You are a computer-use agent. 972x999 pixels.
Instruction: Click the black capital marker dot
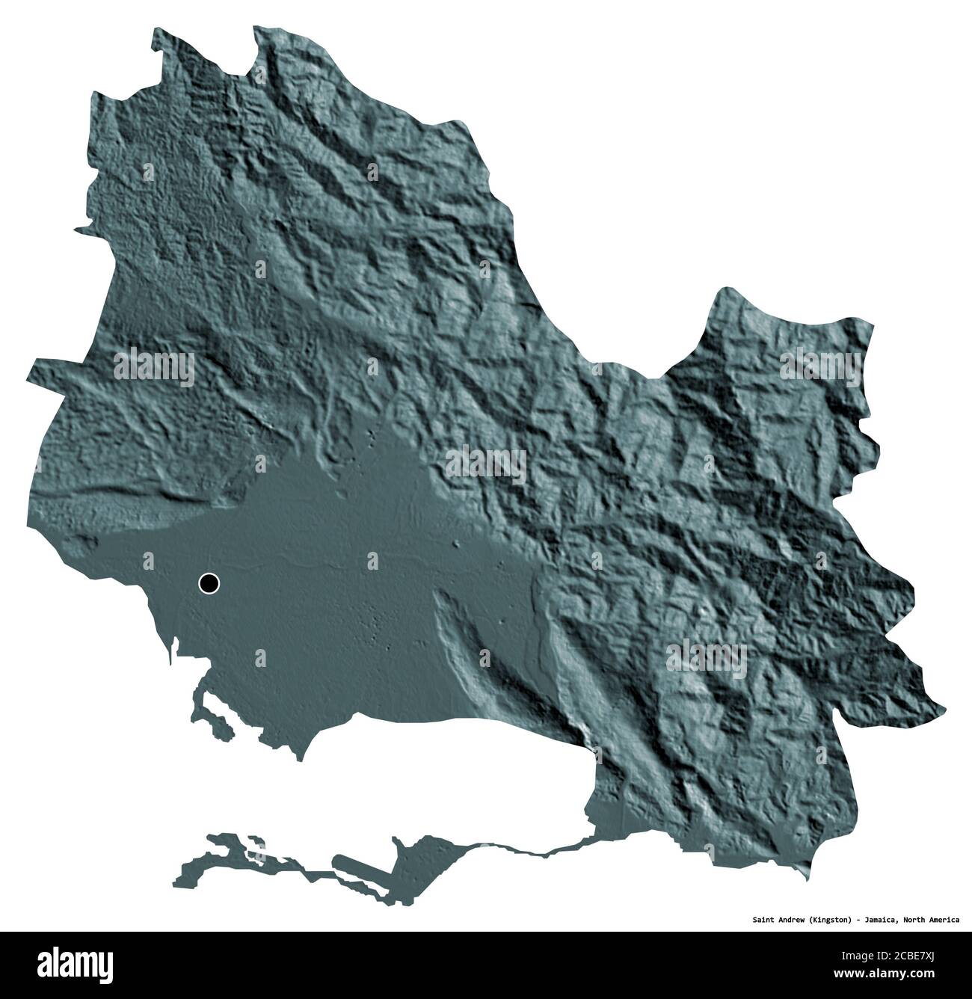pyautogui.click(x=209, y=583)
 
